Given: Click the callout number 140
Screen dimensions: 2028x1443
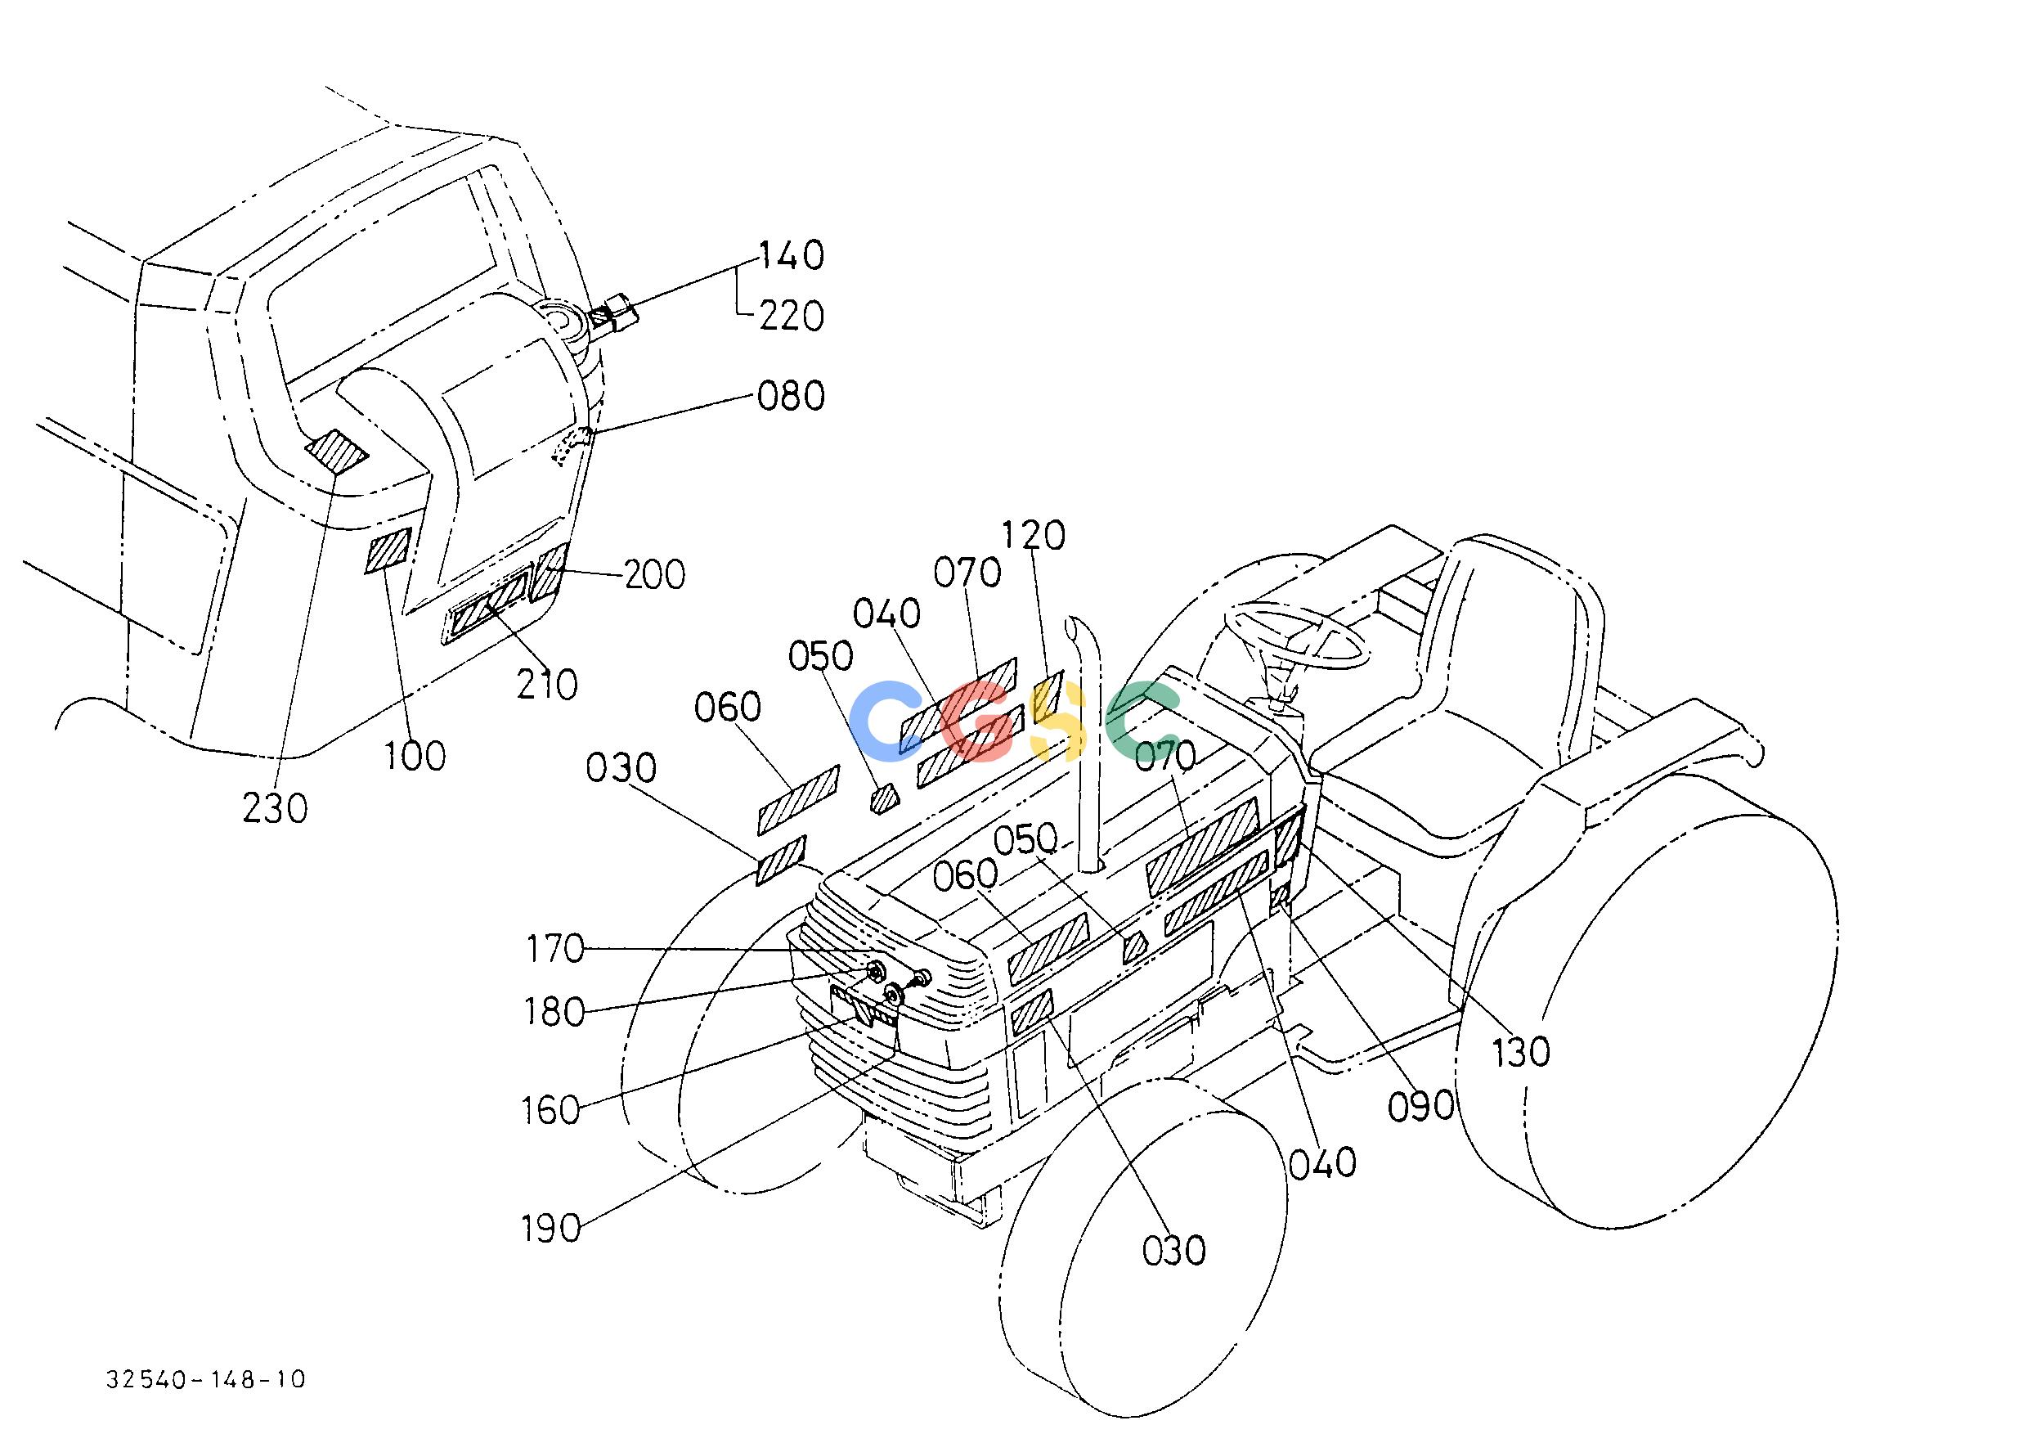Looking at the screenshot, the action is pos(791,255).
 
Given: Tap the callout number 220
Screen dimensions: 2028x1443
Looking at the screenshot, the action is pos(791,316).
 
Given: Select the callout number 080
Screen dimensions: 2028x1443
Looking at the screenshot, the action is pos(791,395).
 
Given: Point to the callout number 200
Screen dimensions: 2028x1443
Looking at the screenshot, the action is pos(655,575).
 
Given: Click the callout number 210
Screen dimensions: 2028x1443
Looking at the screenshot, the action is pos(547,684).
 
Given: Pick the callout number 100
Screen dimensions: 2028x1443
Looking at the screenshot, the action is pos(415,756).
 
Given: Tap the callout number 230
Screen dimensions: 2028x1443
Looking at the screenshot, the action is pos(276,808).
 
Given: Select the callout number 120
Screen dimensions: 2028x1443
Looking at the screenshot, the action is pos(1033,536).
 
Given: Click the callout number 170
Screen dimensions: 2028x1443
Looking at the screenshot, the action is pos(555,949).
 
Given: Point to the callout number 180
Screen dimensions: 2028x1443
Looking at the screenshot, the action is pos(555,1012).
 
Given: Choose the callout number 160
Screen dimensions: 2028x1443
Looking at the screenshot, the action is pos(550,1111).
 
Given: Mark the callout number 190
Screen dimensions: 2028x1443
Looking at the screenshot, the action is pos(550,1229).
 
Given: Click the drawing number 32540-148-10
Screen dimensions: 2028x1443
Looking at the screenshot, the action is pos(206,1379).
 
